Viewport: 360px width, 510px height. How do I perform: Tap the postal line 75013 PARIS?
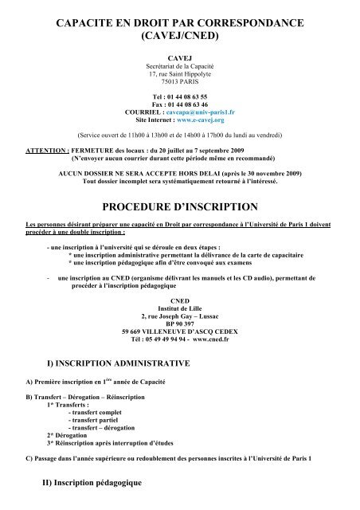[179, 81]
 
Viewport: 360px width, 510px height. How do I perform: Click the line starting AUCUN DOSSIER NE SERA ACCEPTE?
[179, 169]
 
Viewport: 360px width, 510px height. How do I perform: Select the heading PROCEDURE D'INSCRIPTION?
[179, 202]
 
